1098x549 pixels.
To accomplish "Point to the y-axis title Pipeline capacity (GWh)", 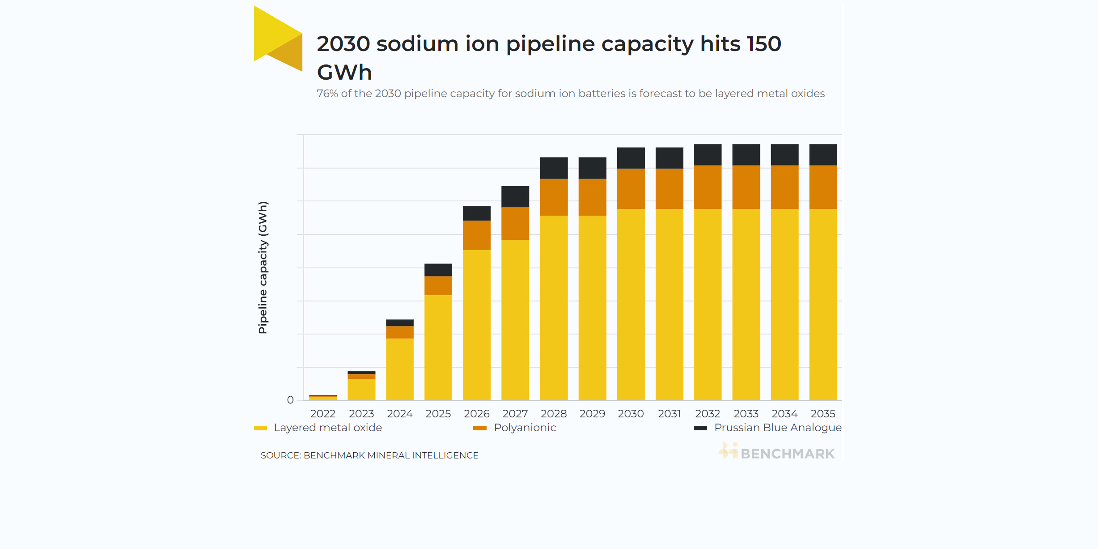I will [263, 267].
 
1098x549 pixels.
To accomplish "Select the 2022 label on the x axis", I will [323, 414].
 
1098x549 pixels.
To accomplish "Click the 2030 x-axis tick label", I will [630, 414].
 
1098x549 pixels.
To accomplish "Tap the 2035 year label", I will [823, 414].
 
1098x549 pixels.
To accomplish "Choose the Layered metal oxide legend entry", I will [327, 428].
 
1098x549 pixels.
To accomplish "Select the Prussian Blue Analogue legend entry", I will [778, 428].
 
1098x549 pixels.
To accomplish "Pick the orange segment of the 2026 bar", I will [477, 235].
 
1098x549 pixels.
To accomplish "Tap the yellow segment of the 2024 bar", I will [400, 369].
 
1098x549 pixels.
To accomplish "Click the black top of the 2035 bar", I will [823, 155].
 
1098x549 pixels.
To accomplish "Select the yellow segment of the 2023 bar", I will [361, 389].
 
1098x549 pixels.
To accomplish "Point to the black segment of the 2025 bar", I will [438, 270].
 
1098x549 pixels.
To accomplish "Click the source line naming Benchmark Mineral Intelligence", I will [369, 456].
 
